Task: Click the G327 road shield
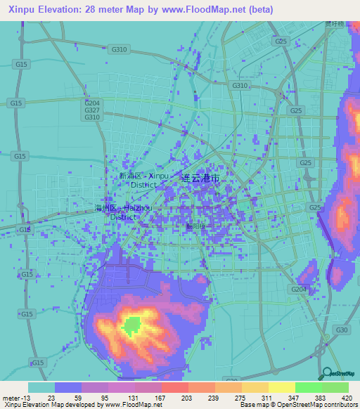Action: [91, 110]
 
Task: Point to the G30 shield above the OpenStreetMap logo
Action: [342, 330]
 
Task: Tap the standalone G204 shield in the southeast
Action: [298, 289]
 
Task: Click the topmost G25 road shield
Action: [283, 42]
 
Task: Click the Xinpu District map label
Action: [143, 179]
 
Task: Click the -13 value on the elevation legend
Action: [22, 397]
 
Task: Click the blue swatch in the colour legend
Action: [68, 387]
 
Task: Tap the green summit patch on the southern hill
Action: [131, 325]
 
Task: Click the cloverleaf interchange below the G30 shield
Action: [320, 349]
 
